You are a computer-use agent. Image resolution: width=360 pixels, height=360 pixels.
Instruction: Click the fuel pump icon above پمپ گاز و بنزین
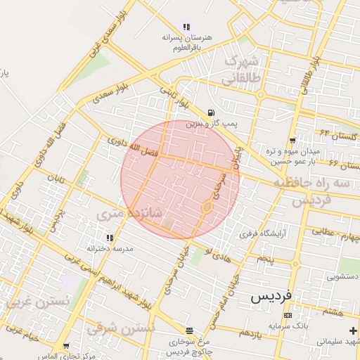click(211, 112)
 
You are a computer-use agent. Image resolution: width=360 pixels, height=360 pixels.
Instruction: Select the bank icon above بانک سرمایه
click(287, 316)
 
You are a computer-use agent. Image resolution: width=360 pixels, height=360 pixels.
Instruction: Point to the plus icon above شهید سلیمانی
click(352, 330)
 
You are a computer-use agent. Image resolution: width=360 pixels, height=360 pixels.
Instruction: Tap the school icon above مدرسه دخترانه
click(109, 238)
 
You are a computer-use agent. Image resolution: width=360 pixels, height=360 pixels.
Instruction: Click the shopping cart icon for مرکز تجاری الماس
click(66, 346)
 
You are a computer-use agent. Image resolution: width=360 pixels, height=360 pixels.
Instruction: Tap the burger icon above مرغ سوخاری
click(188, 330)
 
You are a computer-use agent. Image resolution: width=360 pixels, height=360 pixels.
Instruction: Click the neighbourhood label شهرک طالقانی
click(241, 70)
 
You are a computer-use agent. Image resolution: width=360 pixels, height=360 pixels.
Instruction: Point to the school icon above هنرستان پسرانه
click(186, 27)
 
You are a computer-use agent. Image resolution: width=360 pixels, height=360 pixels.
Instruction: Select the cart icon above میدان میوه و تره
click(292, 140)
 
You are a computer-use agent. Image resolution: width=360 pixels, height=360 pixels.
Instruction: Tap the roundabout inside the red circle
click(207, 207)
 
